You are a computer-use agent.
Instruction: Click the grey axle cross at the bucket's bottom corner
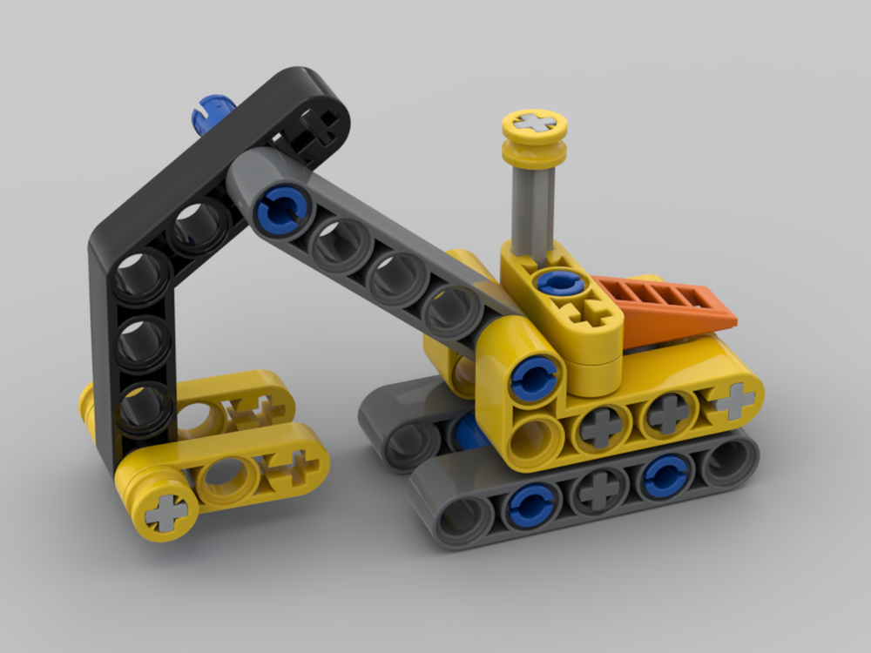(165, 511)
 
